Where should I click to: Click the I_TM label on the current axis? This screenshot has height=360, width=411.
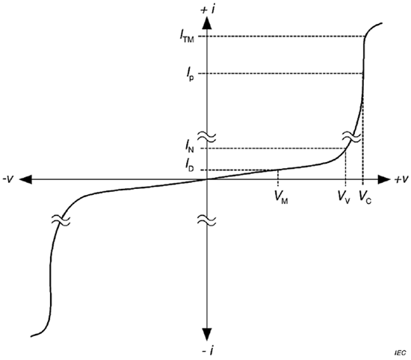click(187, 36)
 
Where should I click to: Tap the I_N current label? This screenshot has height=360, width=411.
click(189, 146)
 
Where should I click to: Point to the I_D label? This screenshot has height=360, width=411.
click(189, 166)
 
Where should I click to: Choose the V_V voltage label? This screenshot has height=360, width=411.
click(344, 197)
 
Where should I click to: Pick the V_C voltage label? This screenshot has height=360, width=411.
click(365, 197)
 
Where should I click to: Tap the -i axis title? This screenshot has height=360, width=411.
click(207, 350)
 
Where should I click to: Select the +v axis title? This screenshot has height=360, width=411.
click(401, 179)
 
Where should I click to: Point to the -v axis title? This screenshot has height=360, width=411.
click(8, 179)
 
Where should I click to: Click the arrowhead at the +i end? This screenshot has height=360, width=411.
click(207, 22)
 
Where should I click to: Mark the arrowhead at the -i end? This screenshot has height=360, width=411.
click(207, 335)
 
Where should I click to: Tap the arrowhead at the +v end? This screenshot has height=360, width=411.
click(384, 179)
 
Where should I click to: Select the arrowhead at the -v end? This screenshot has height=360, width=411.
click(25, 179)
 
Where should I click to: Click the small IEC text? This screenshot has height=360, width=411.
click(401, 353)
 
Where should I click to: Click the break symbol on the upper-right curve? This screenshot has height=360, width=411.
click(352, 137)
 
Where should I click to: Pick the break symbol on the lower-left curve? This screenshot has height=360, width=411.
click(61, 220)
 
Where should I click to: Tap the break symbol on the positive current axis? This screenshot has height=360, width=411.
click(207, 137)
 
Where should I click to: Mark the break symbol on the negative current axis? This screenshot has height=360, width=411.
click(207, 220)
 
